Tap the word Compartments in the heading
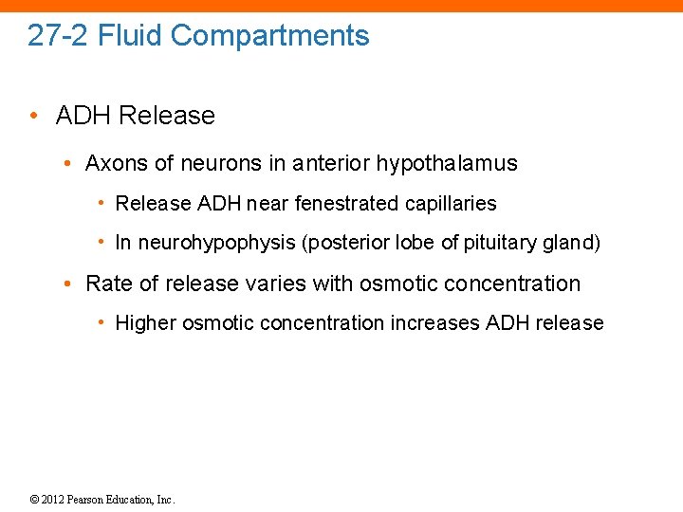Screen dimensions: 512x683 tap(270, 36)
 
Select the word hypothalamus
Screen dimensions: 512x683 tap(447, 163)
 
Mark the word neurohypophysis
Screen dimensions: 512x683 tap(216, 243)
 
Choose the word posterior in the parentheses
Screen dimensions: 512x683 tap(343, 243)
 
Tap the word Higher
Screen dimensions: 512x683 tap(145, 323)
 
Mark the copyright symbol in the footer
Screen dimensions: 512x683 tap(34, 500)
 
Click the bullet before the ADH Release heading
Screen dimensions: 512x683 tap(33, 116)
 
